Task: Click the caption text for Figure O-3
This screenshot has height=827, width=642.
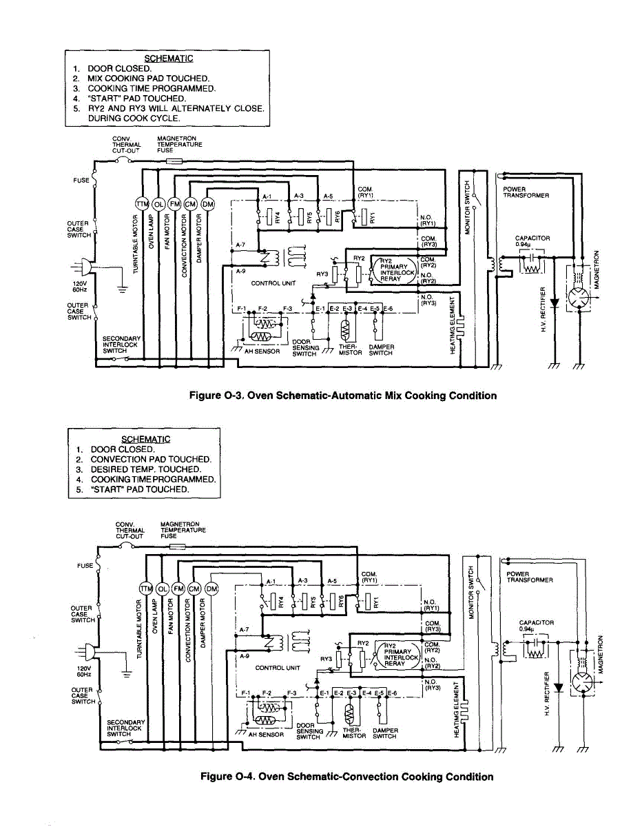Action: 343,396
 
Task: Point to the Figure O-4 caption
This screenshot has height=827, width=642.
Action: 346,777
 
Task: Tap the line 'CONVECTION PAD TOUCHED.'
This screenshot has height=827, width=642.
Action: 151,459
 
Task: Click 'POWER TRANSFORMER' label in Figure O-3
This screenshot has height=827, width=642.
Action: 526,192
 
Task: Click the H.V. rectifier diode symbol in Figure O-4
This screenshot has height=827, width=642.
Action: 559,688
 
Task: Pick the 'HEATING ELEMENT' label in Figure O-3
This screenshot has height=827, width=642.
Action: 453,326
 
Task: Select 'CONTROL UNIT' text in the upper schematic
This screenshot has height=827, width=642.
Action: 275,283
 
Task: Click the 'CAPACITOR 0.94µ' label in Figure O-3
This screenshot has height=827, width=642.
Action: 532,241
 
